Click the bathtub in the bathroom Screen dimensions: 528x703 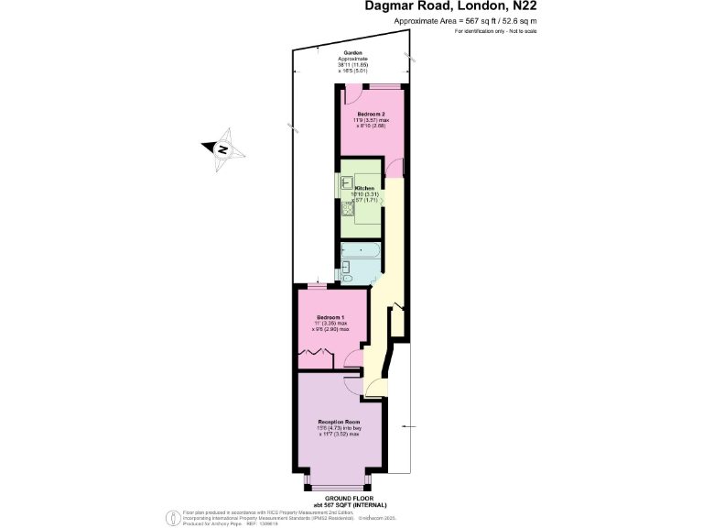tap(360, 250)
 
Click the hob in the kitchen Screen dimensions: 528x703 tap(348, 212)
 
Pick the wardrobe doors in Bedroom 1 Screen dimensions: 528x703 tap(314, 352)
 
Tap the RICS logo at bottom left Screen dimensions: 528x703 tap(170, 517)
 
